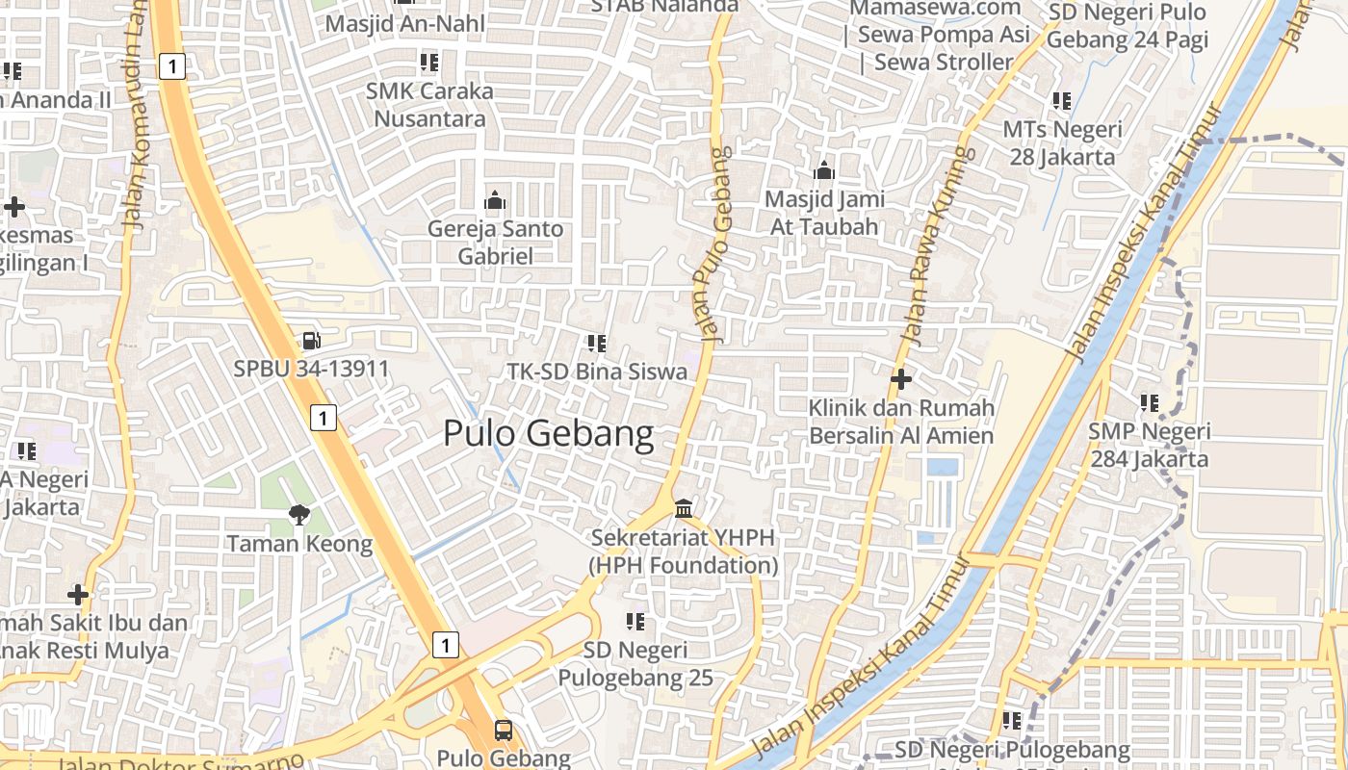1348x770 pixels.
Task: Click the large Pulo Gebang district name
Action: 548,434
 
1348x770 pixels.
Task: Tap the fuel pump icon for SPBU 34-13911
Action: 310,340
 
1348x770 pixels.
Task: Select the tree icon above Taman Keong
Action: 299,515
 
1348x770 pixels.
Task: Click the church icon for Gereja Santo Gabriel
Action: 495,201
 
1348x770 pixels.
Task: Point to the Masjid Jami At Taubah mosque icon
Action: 823,171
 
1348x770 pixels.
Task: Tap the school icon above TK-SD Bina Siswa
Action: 597,343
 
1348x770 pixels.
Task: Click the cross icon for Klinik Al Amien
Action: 900,379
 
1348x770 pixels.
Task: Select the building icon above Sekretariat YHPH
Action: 684,507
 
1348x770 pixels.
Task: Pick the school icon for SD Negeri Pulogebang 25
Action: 635,622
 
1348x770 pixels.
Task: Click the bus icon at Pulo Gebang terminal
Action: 504,730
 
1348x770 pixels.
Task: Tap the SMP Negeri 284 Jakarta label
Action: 1149,445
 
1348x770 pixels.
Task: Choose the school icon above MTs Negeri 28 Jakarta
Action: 1062,101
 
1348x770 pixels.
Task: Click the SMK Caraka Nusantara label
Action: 429,105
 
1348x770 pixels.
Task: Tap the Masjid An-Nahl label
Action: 405,23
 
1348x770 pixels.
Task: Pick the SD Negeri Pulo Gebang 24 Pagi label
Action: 1127,26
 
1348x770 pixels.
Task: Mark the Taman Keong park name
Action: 299,544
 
